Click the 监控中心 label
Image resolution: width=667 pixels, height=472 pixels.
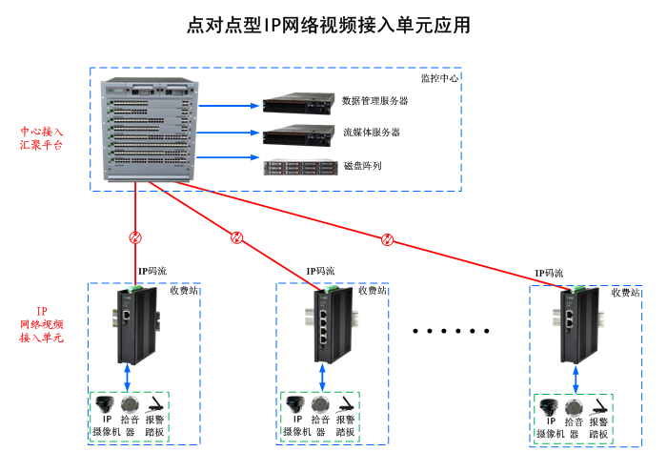pyautogui.click(x=440, y=78)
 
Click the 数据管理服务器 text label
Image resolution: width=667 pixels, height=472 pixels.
pyautogui.click(x=375, y=100)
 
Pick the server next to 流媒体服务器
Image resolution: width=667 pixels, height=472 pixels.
pyautogui.click(x=299, y=134)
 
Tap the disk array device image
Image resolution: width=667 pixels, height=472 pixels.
pyautogui.click(x=299, y=167)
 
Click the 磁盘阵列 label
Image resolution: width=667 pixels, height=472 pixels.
pyautogui.click(x=363, y=166)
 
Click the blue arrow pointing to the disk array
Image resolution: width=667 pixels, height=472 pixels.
pyautogui.click(x=229, y=157)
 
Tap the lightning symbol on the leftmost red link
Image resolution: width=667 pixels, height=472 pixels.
pyautogui.click(x=135, y=237)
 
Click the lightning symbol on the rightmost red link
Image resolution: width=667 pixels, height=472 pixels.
pyautogui.click(x=387, y=238)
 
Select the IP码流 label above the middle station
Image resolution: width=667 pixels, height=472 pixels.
pyautogui.click(x=320, y=271)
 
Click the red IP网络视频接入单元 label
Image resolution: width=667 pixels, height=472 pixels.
pyautogui.click(x=42, y=325)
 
